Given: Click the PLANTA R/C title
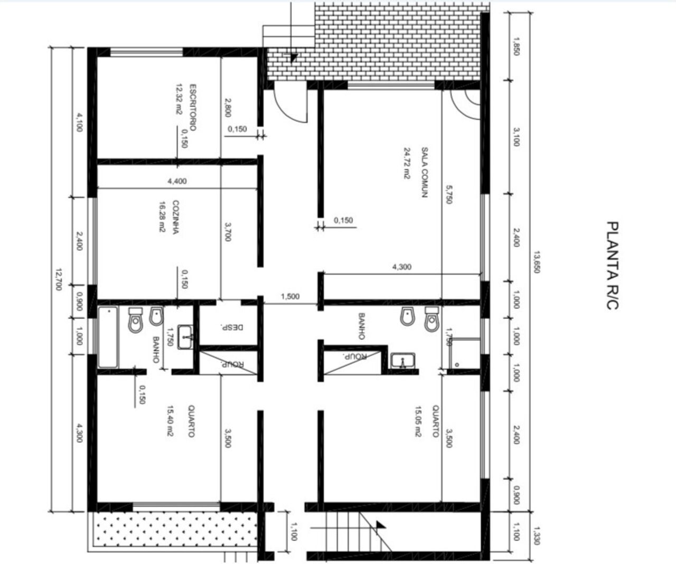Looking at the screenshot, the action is [x=612, y=266].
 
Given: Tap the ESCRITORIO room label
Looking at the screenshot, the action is [x=193, y=107].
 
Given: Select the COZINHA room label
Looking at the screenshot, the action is [x=176, y=217].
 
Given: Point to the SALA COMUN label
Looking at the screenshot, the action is [x=425, y=172].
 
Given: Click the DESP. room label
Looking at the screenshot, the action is [x=236, y=327].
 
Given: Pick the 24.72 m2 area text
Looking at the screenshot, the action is [x=407, y=163].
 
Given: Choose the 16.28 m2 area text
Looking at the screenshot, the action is [x=162, y=217].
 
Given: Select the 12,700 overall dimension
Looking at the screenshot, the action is [x=59, y=279].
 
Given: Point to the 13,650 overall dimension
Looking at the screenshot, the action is [x=537, y=261].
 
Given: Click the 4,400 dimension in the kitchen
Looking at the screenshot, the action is [x=177, y=181].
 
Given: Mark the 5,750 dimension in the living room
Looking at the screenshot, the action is [x=449, y=194].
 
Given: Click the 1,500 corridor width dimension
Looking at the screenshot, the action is [x=290, y=296].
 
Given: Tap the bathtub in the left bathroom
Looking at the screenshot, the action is [x=108, y=337].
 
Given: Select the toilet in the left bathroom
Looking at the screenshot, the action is [x=135, y=320].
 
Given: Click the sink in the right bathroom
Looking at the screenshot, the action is [x=403, y=360].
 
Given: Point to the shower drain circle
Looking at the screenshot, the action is [x=457, y=364].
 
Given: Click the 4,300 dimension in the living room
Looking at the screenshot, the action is [x=402, y=267].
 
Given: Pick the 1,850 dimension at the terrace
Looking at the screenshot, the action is [x=517, y=46].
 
